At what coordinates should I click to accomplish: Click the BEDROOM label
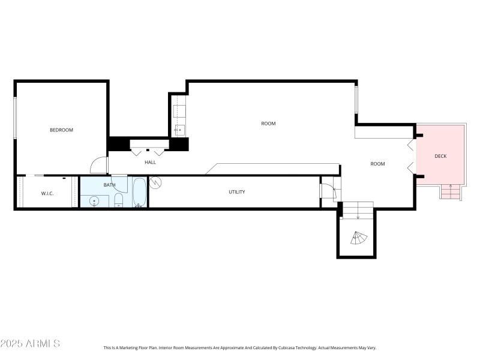(61, 130)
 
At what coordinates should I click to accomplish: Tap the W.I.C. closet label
(47, 193)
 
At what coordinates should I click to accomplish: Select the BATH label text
(109, 185)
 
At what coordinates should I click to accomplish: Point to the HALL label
(150, 162)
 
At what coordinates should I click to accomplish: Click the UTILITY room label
(236, 192)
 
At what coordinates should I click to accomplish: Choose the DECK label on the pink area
(440, 156)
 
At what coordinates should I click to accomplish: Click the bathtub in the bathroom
(139, 193)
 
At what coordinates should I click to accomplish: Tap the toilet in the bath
(118, 200)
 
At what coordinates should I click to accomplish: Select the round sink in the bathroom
(94, 202)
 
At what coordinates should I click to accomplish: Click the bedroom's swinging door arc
(98, 166)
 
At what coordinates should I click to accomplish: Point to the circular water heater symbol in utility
(155, 182)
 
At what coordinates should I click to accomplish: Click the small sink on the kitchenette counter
(179, 129)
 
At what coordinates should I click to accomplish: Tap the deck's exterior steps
(451, 193)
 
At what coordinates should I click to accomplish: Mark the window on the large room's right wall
(356, 101)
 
